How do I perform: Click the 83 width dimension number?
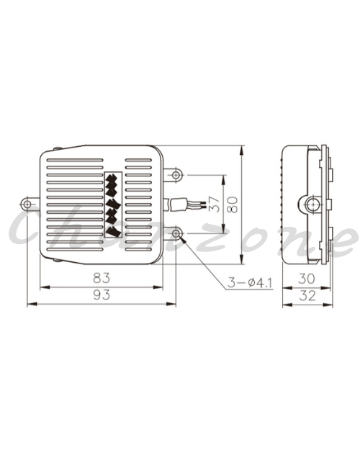102,278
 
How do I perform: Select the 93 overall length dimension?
102,294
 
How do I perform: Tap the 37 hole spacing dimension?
215,204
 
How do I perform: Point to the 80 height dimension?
233,204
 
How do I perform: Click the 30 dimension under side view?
307,279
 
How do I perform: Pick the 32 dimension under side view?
307,295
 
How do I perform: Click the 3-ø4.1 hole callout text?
250,283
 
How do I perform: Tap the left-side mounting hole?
27,204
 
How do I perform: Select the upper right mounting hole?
176,174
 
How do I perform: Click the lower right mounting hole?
176,233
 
